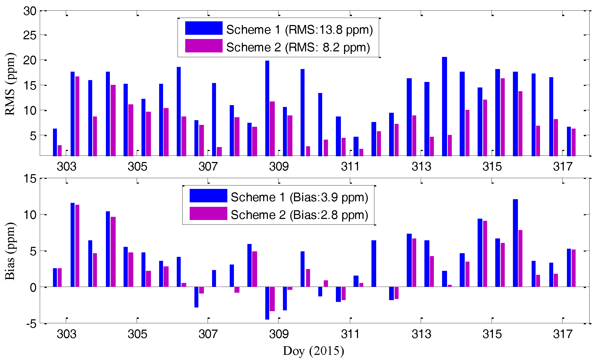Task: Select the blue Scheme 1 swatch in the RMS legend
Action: point(204,28)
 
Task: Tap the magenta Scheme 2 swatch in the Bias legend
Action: point(208,213)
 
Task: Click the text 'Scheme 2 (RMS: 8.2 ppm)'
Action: point(298,47)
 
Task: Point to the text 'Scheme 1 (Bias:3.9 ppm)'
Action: point(299,197)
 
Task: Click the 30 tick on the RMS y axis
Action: point(30,11)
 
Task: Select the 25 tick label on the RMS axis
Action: point(30,35)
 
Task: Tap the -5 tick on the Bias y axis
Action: point(31,324)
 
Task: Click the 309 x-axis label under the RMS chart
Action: point(279,167)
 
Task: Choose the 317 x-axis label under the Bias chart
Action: point(563,334)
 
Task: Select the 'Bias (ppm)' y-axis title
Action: point(10,251)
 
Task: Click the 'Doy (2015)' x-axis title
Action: point(313,351)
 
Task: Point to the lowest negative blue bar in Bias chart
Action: point(267,303)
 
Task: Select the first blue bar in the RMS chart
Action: point(55,142)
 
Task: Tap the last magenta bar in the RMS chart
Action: point(574,142)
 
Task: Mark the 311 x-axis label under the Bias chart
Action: point(350,334)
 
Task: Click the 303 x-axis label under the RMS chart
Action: point(66,167)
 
